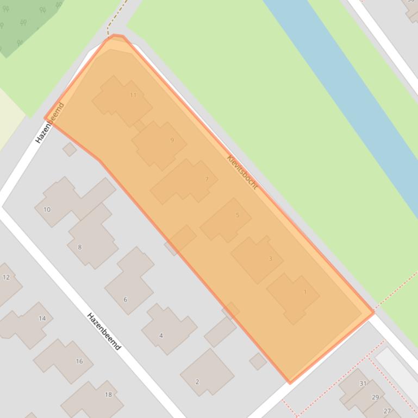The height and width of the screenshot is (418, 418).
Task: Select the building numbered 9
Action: (159, 144)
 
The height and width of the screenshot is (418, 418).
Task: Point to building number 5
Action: (226, 219)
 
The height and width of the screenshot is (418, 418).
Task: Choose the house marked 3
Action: (257, 259)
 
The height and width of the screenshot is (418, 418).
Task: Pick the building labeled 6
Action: (129, 282)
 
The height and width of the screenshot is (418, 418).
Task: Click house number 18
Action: (92, 399)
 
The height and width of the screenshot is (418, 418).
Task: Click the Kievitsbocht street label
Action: (242, 173)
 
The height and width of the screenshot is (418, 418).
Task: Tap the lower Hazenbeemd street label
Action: (104, 331)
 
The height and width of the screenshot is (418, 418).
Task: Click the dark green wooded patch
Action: (24, 22)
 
